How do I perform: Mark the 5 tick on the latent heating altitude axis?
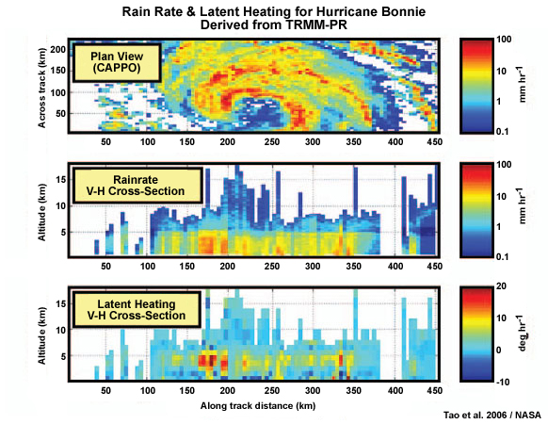58,356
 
